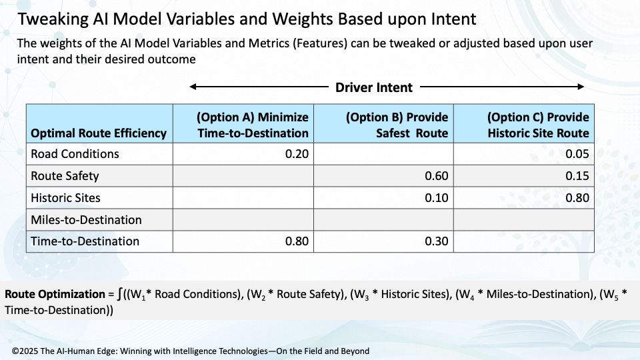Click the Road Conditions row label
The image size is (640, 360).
pos(75,154)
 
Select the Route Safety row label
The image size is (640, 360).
pos(65,176)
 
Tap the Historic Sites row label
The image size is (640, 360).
pos(66,198)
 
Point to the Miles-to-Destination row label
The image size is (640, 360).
pos(86,219)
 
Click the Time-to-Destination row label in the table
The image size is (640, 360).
pos(85,241)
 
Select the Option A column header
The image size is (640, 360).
pos(253,125)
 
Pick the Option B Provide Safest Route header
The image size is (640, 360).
pos(397,125)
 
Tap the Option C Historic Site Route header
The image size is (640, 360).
pos(538,125)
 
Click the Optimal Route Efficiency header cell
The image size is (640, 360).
pos(99,133)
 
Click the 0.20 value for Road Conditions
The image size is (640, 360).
pos(297,154)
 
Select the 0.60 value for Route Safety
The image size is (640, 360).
pos(436,176)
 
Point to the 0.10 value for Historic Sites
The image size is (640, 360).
pos(436,198)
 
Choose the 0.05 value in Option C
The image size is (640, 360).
pos(577,154)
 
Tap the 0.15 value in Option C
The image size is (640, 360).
pos(577,176)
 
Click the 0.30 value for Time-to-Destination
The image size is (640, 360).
pos(436,241)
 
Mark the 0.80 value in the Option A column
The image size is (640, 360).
pos(297,241)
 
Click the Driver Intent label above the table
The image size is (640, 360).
pos(374,87)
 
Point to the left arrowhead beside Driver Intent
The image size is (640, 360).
pos(193,87)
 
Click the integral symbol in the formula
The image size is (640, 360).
pos(119,294)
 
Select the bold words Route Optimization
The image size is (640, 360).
pos(55,294)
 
